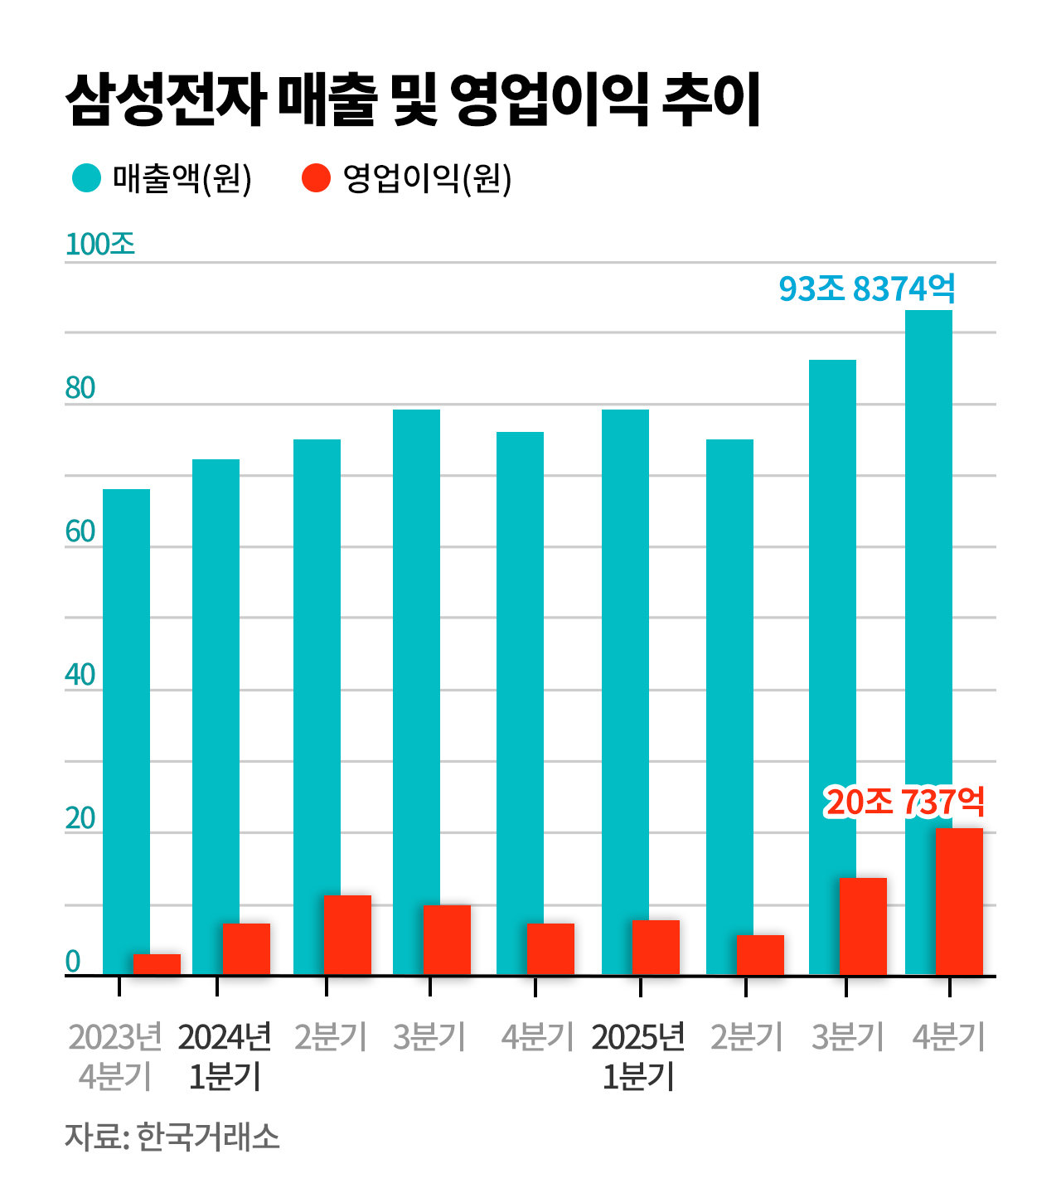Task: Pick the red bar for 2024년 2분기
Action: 347,934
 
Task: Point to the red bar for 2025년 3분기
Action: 863,926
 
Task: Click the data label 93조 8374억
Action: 866,289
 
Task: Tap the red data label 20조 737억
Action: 904,802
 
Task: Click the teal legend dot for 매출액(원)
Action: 86,177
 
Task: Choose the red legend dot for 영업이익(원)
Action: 316,177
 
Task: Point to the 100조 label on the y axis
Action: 99,244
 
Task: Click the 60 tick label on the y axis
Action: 80,531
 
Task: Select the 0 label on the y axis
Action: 73,962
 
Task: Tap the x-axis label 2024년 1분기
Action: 225,1056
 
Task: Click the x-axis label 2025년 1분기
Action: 638,1056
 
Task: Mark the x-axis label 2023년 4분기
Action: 115,1056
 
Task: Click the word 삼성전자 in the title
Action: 165,100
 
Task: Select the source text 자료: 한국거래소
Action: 172,1137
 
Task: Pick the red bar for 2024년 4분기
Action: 550,948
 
